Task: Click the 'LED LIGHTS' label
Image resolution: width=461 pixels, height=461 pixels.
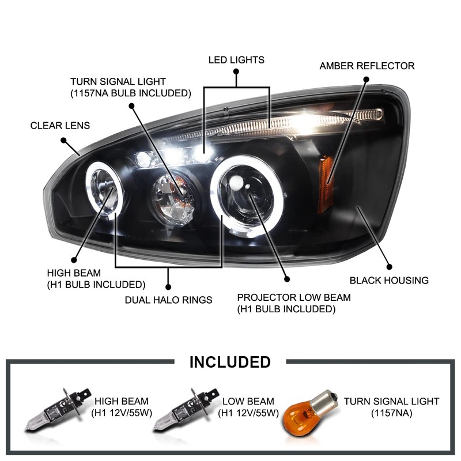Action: coord(236,59)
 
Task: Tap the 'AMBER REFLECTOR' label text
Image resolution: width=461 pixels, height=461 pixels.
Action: coord(367,66)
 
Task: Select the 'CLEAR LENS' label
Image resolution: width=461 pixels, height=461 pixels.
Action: coord(60,125)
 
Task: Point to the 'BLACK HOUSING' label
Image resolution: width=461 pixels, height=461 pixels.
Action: coord(389,281)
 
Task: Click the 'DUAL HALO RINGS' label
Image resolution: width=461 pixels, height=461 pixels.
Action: coord(169,300)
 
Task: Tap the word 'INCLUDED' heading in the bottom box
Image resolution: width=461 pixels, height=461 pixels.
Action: coord(230,362)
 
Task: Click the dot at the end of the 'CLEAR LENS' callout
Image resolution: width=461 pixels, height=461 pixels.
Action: coord(63,140)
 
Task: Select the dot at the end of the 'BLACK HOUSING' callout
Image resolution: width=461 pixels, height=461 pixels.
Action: coord(390,267)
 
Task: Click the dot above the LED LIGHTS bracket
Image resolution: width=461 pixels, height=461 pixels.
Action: coord(236,71)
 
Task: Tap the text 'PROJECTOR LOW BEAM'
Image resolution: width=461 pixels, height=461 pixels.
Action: coord(294,298)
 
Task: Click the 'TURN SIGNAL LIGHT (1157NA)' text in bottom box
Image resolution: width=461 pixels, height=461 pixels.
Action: coord(391,407)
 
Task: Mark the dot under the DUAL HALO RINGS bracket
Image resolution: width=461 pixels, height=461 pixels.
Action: coord(169,286)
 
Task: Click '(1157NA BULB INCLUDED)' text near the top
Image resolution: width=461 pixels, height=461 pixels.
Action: coord(130,92)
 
